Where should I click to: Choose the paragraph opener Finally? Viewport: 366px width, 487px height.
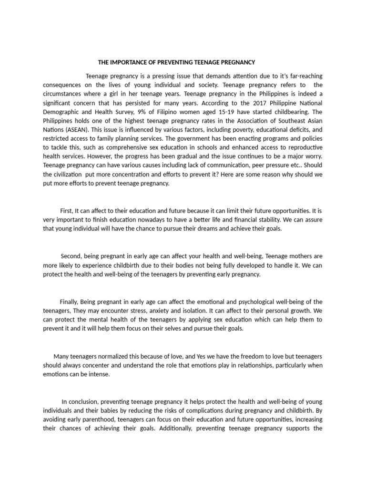click(69, 302)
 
